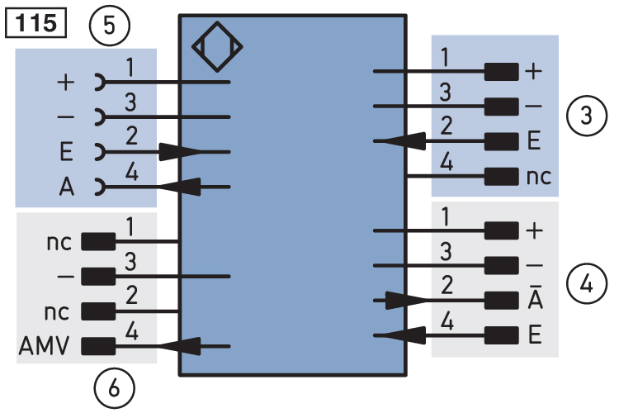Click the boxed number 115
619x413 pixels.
[35, 23]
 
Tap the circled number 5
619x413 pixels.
[109, 26]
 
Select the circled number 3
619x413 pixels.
[587, 116]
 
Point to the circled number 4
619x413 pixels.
[586, 284]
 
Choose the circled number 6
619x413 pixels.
[114, 388]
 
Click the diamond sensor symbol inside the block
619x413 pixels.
[217, 47]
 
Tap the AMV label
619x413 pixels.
[45, 346]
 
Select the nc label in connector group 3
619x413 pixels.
[538, 177]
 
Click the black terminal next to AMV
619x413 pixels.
[98, 346]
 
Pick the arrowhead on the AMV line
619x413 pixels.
[179, 346]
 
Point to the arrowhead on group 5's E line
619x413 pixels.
[180, 152]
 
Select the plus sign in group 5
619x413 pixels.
[66, 83]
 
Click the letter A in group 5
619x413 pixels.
[67, 187]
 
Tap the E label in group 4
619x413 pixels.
[535, 335]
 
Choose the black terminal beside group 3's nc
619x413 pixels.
[501, 176]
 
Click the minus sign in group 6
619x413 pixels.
[65, 276]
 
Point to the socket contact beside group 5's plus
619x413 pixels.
[100, 83]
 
